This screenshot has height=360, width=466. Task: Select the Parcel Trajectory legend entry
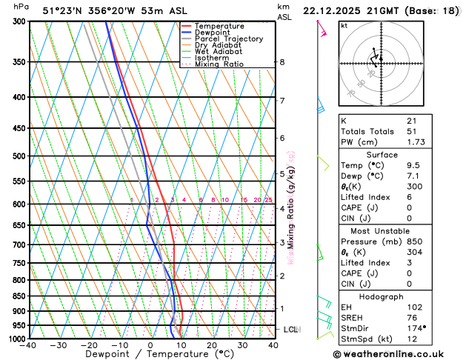click(228, 39)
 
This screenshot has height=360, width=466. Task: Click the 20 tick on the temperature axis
click(212, 345)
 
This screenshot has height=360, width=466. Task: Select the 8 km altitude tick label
click(282, 62)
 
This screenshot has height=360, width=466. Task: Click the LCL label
click(291, 329)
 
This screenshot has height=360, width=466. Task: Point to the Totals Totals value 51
click(411, 131)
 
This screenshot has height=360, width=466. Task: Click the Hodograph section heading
click(382, 296)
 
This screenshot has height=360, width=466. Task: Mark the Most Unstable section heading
click(382, 231)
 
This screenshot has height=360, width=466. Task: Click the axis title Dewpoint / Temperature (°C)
click(150, 355)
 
